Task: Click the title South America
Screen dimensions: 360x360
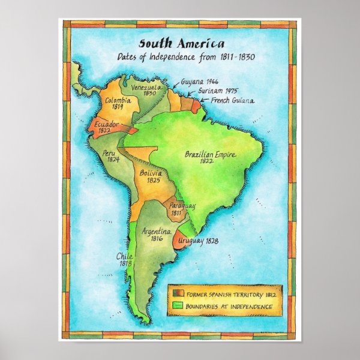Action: point(182,44)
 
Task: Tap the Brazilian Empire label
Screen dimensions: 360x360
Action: point(209,155)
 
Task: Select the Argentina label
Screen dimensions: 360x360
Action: point(157,232)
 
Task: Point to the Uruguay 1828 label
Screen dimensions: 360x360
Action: point(198,241)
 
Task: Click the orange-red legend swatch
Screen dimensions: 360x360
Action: point(178,293)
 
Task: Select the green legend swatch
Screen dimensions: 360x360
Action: point(178,307)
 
